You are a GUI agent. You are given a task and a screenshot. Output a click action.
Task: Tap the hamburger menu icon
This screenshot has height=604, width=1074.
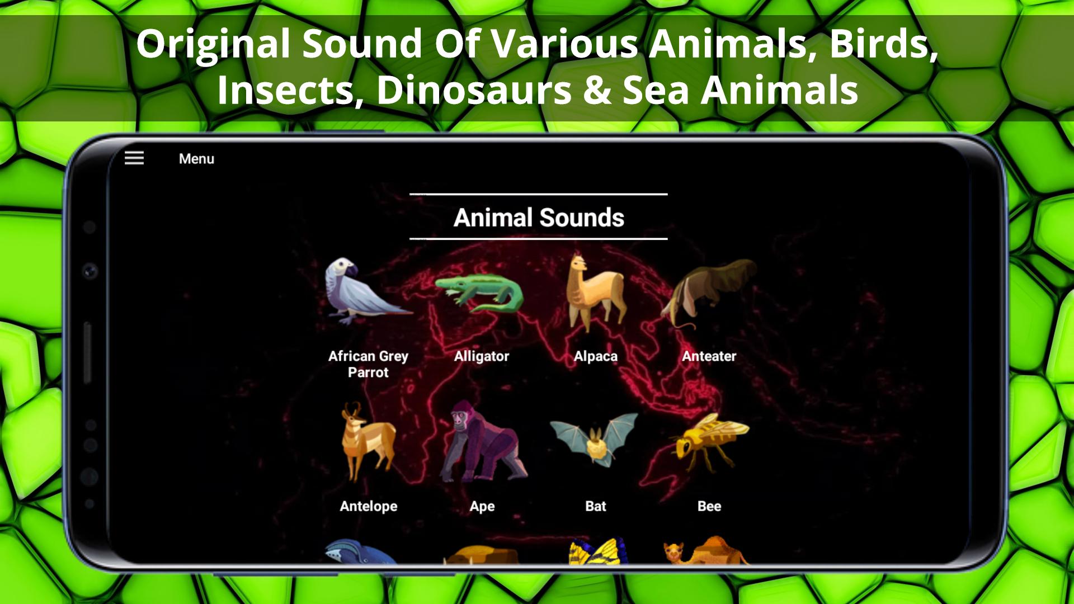point(134,158)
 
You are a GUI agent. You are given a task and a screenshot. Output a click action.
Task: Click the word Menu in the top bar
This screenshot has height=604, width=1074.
point(196,159)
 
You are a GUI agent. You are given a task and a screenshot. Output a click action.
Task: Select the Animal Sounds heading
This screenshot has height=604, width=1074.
point(539,218)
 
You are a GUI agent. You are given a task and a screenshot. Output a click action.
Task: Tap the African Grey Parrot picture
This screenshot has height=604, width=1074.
point(368,291)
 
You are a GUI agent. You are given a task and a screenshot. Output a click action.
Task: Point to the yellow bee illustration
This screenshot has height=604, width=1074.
point(709,442)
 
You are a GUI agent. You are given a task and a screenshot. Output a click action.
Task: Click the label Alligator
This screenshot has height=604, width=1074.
point(482,356)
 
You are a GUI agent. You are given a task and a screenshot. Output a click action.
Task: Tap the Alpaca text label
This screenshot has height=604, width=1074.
point(596,356)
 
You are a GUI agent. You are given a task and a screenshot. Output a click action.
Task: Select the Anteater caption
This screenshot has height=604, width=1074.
point(709,356)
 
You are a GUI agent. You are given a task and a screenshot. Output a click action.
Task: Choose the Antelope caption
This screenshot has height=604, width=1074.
point(369,506)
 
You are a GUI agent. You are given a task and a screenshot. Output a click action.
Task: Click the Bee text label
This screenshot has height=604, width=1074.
point(709,506)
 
